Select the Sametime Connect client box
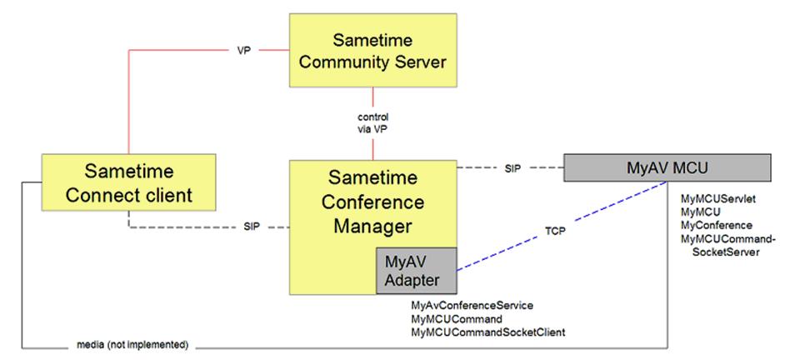(128, 184)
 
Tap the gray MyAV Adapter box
(417, 271)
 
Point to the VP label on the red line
(242, 49)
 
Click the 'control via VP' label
(372, 122)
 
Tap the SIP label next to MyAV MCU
(514, 168)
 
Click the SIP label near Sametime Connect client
(252, 227)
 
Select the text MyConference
(716, 225)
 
